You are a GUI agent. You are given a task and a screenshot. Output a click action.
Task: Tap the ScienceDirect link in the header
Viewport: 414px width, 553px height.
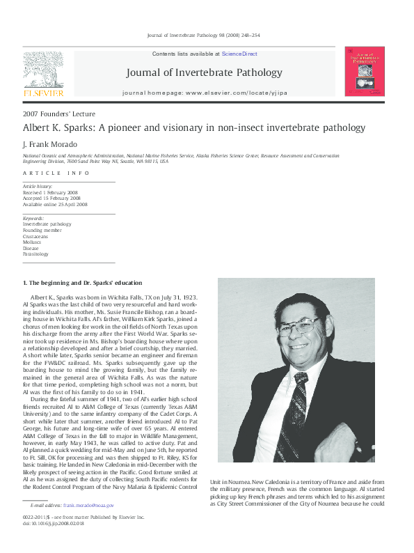(x=239, y=54)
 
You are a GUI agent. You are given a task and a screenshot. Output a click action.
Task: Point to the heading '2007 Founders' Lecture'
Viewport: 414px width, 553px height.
(x=59, y=114)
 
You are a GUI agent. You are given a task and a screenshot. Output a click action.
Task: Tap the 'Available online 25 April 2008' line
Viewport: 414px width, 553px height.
(x=56, y=204)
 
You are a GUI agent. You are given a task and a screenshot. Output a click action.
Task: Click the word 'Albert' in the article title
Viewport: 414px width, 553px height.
(x=39, y=128)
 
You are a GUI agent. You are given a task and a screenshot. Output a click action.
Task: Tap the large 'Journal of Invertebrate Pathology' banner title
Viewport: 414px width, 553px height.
(x=204, y=72)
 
